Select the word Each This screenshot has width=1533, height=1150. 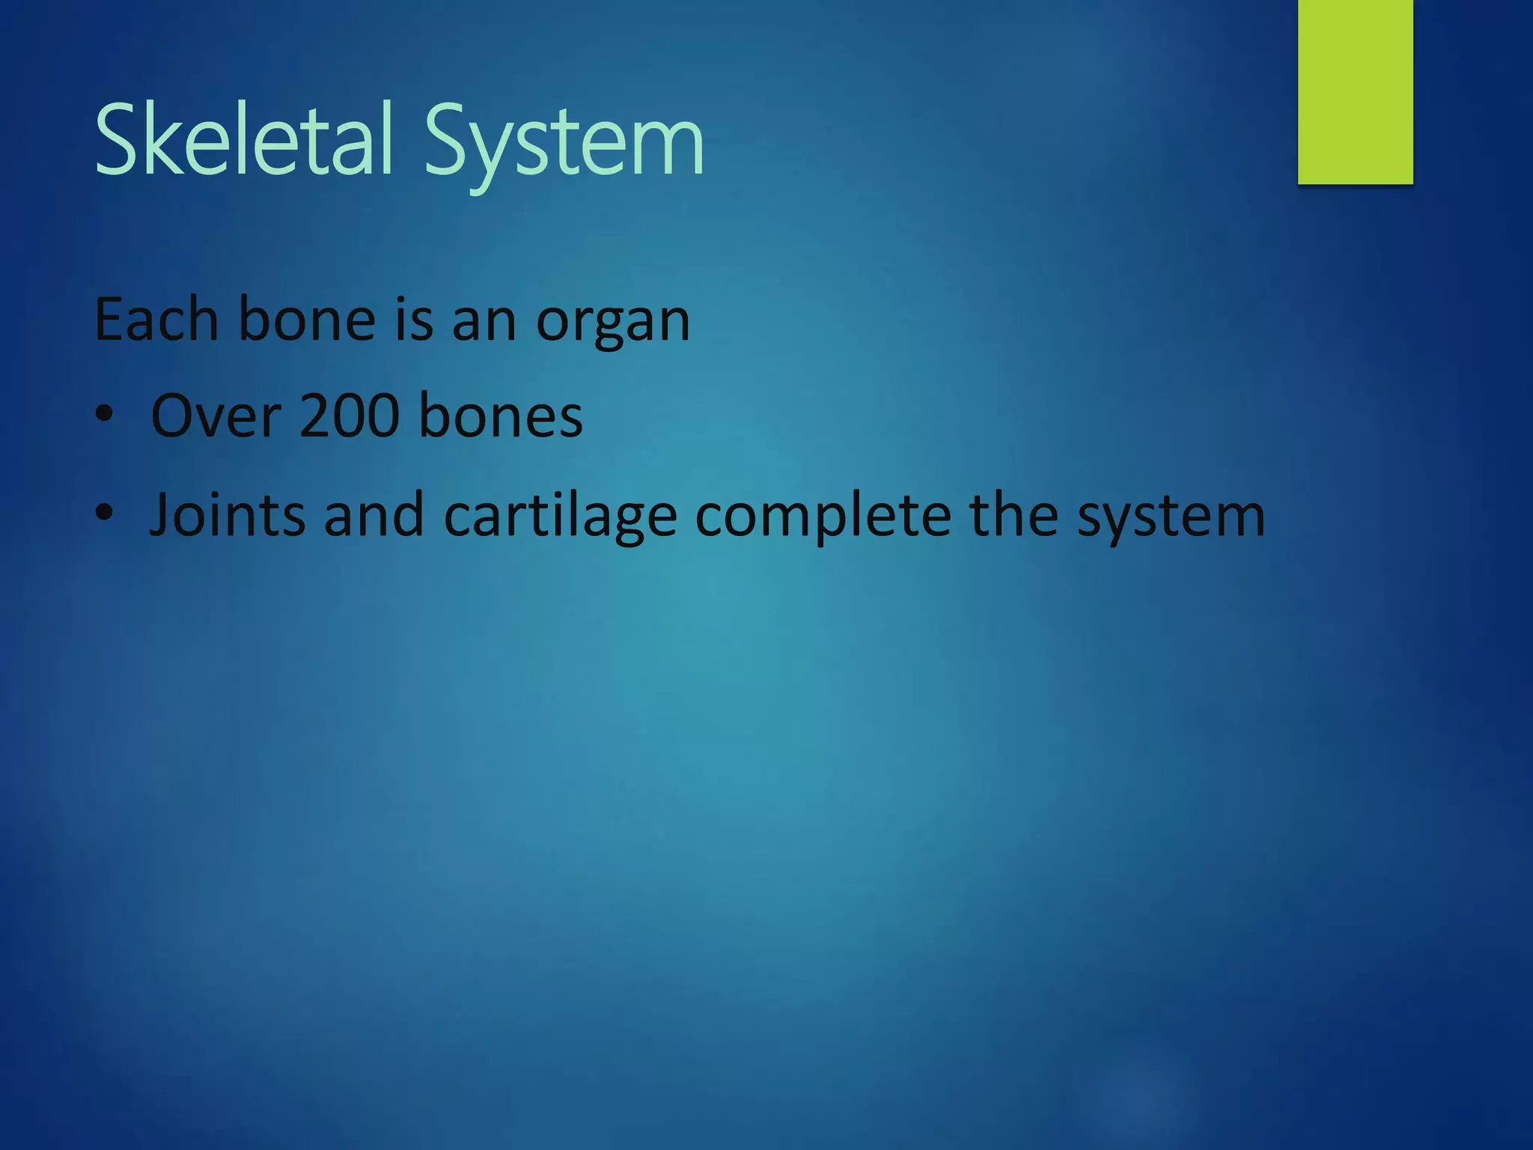(x=156, y=320)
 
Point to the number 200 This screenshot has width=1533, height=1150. (x=349, y=416)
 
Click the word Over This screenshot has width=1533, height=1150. (x=216, y=416)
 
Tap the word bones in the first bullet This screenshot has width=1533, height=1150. (x=500, y=416)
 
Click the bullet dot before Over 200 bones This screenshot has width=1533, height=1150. (x=105, y=415)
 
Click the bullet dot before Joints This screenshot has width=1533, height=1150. (x=105, y=514)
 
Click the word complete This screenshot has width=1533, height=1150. (x=822, y=517)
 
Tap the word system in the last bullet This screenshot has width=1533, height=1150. (x=1171, y=517)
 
